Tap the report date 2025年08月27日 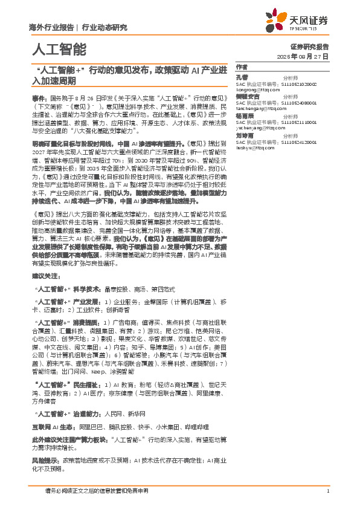coord(307,56)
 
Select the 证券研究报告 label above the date coord(310,46)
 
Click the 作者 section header coord(242,66)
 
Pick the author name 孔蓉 coord(242,77)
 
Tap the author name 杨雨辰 coord(244,116)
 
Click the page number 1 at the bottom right coord(327,491)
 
